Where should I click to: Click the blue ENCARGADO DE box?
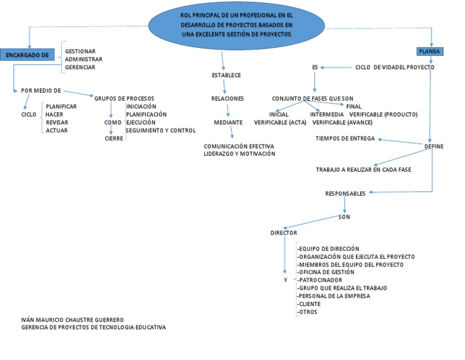(x=27, y=55)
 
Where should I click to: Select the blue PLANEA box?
(x=429, y=52)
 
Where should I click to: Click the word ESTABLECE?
(x=226, y=75)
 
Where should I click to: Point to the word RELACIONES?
(x=228, y=98)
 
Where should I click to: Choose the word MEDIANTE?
(x=228, y=122)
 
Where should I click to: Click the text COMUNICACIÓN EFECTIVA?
(x=239, y=146)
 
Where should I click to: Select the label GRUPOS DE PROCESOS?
(x=124, y=98)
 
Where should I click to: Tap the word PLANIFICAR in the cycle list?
(x=61, y=106)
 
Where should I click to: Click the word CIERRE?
(x=114, y=138)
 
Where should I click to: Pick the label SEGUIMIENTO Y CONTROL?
(x=160, y=130)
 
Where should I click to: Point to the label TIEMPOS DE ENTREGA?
(x=345, y=138)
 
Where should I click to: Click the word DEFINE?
(x=434, y=146)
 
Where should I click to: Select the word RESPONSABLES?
(x=345, y=194)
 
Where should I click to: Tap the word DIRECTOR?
(x=283, y=233)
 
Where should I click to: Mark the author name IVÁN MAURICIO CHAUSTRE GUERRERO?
(x=72, y=319)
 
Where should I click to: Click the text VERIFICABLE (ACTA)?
(x=280, y=122)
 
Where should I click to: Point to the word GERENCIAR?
(x=80, y=67)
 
